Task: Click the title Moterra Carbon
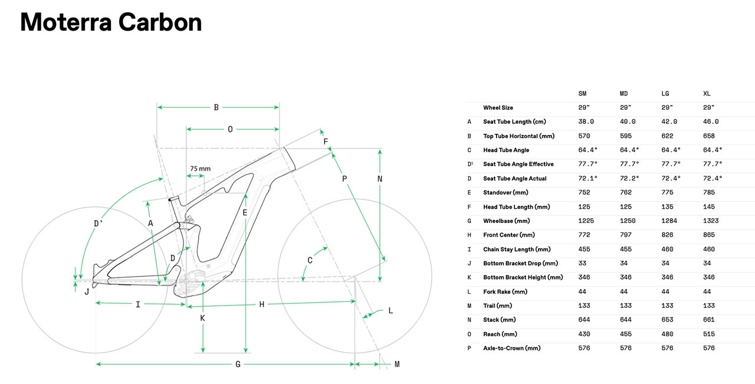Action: tap(111, 22)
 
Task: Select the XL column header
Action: tap(707, 94)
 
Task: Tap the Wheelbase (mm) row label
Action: tap(507, 221)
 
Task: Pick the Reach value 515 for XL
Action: tap(708, 334)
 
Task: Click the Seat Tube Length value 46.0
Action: tap(711, 122)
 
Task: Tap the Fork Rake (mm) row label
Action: tap(505, 292)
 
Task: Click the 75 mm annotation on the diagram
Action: tap(200, 169)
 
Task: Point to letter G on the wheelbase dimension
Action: tap(238, 365)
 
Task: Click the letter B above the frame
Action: tap(216, 107)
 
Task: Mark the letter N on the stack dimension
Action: tap(380, 179)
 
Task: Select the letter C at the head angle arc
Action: tap(310, 260)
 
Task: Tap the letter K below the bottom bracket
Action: tap(202, 318)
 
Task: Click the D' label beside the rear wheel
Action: tap(99, 224)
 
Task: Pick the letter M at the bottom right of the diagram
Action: tap(397, 365)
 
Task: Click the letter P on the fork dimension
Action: tap(344, 178)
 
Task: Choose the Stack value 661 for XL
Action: tap(708, 320)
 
